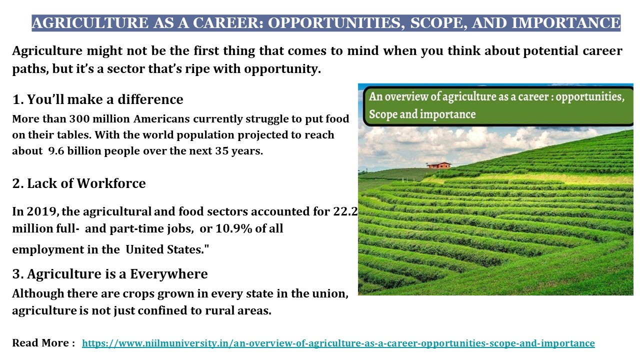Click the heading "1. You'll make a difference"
coord(98,99)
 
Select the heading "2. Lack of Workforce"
coord(79,183)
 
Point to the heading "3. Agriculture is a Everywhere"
coord(110,274)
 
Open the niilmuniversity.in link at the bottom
coord(338,343)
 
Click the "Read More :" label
coord(43,343)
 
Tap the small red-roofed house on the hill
coord(438,164)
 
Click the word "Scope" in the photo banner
coord(382,114)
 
